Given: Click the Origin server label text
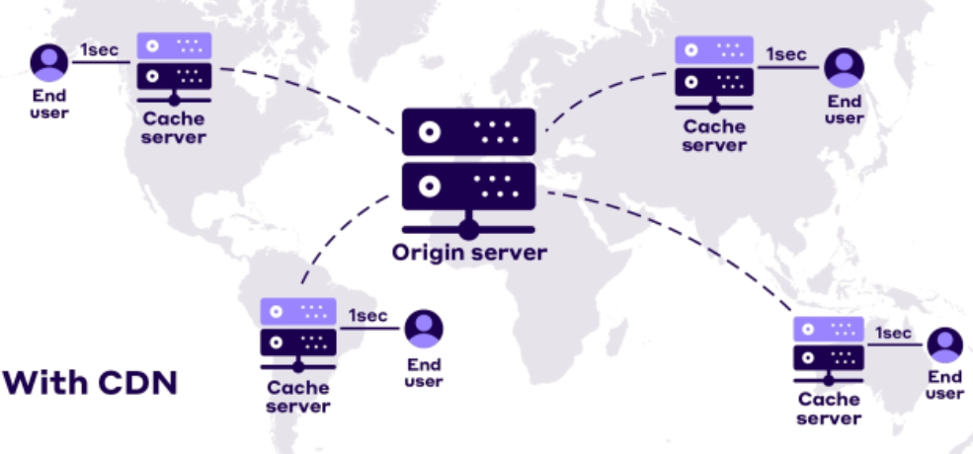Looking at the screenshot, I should (x=469, y=253).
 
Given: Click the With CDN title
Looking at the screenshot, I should (x=91, y=382).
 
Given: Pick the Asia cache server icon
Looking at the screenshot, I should (x=714, y=69).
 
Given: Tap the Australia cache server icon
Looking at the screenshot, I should (x=829, y=348).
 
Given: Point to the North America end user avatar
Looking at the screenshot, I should (x=48, y=61).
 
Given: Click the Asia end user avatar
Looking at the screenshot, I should (x=845, y=67).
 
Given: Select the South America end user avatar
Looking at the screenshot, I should (x=424, y=329).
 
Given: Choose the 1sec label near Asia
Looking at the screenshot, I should (x=786, y=54).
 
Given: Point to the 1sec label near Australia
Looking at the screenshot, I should (x=893, y=333).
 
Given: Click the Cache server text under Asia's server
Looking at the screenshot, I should (x=714, y=135).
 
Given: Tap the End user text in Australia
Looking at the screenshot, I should (x=944, y=385).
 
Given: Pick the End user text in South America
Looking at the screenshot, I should (x=424, y=373).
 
